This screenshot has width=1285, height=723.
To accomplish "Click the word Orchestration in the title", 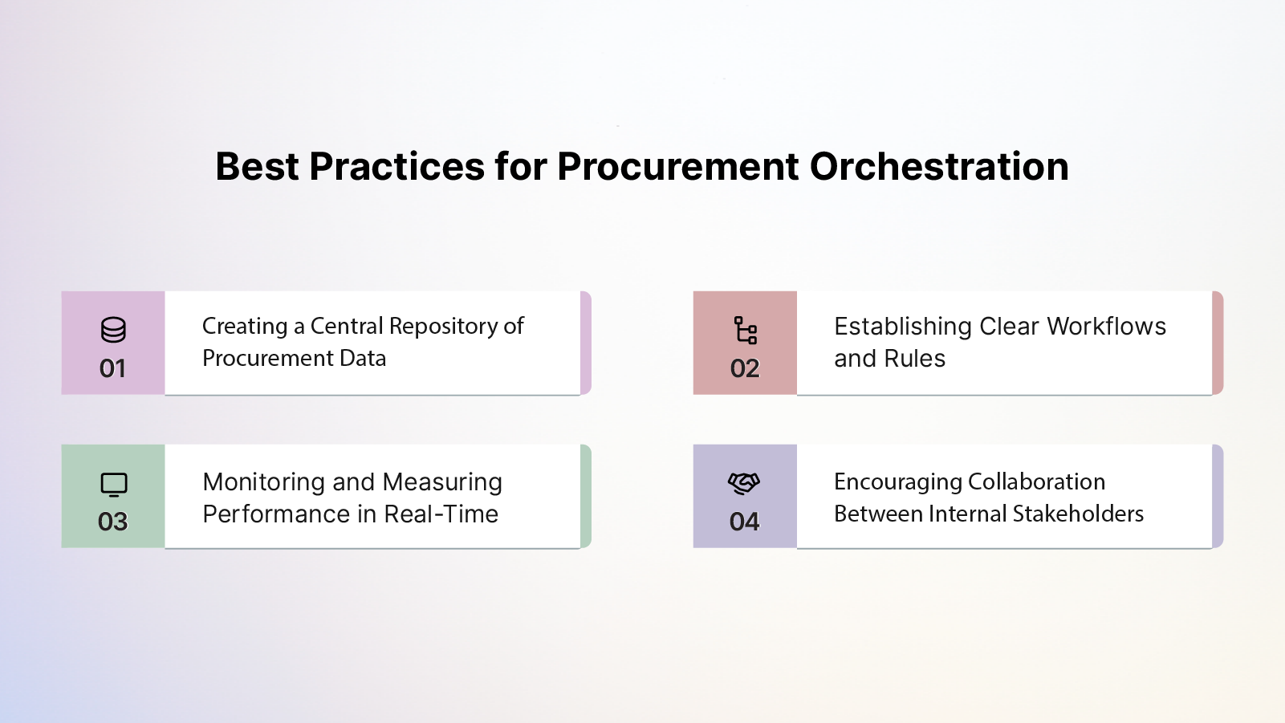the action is (x=939, y=166).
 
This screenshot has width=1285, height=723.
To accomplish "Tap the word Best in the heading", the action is (x=257, y=166).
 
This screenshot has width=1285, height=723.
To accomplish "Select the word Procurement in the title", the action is (x=678, y=166).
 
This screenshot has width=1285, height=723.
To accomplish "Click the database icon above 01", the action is (x=113, y=330).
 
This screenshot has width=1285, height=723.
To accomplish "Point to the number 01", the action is (x=112, y=368).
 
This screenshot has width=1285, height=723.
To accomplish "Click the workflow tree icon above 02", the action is (x=745, y=330).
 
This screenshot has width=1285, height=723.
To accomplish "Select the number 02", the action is (x=745, y=368).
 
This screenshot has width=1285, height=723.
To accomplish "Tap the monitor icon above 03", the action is (x=114, y=485).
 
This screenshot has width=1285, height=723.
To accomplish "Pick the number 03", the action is (x=112, y=522).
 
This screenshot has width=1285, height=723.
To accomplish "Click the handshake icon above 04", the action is (x=744, y=483).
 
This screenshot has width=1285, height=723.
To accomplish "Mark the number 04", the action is (x=744, y=522).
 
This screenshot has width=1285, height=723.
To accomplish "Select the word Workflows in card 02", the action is (x=1107, y=327).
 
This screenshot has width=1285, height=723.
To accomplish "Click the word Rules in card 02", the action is (x=914, y=359).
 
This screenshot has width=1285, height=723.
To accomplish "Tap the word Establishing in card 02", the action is (x=903, y=327).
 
